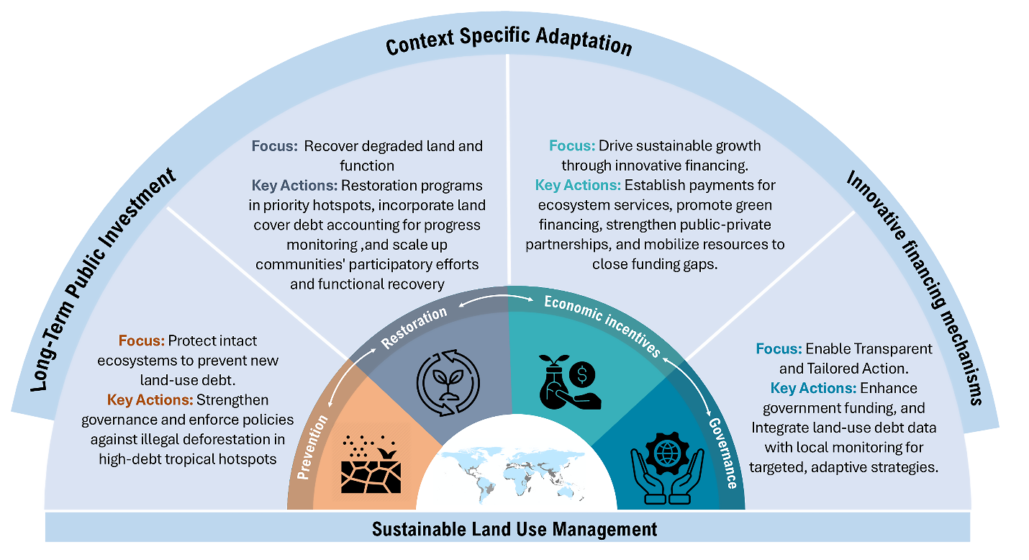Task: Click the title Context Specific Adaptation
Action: [509, 43]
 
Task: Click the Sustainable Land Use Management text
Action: [514, 530]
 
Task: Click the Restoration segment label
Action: [414, 327]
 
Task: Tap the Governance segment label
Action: [721, 452]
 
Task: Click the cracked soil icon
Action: [371, 464]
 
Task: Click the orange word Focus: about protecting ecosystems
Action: [142, 340]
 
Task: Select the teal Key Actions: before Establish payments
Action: [578, 185]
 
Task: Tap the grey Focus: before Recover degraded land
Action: [274, 146]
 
